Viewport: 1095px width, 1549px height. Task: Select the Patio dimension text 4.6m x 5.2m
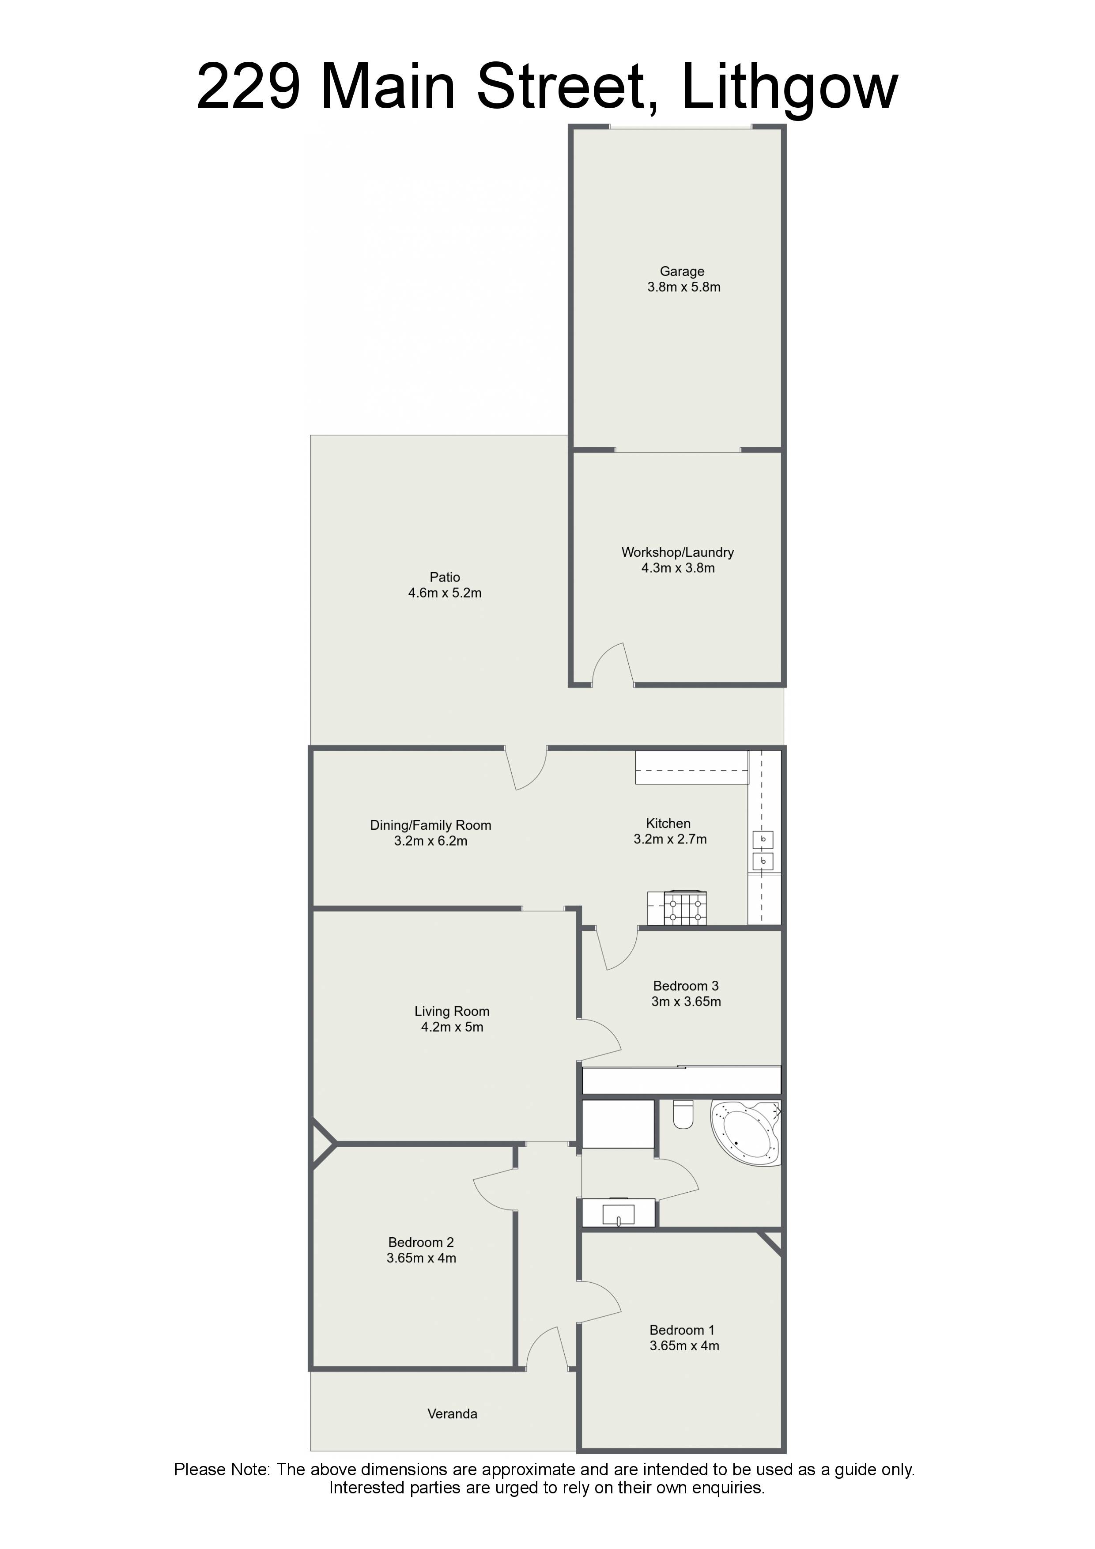tap(445, 593)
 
